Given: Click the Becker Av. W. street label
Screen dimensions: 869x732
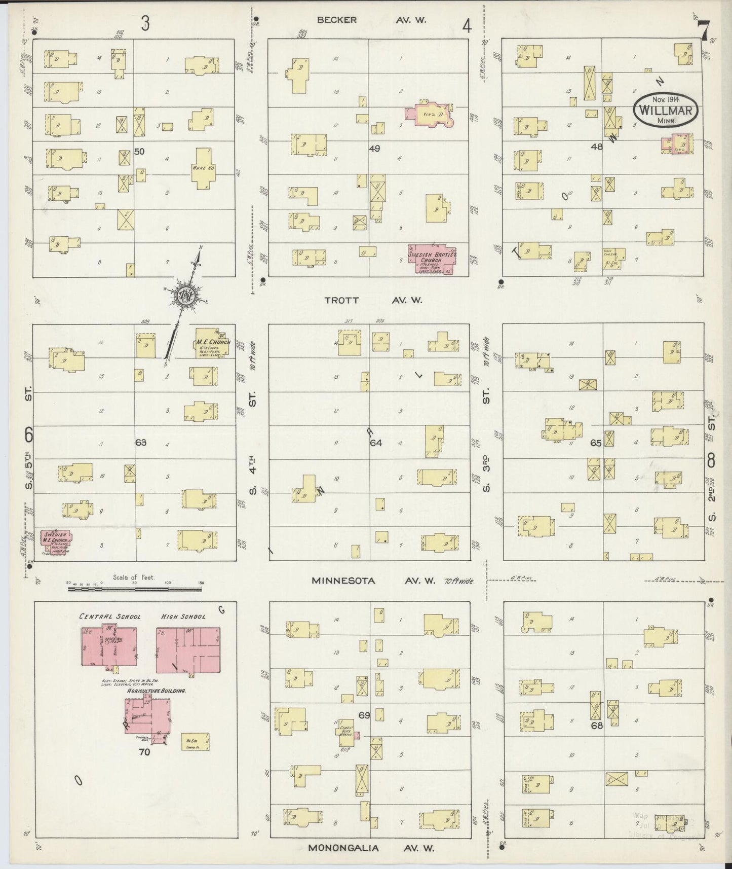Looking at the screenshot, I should tap(371, 20).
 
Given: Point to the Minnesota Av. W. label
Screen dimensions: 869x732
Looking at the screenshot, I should tap(373, 581).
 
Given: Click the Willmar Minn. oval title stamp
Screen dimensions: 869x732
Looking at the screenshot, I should tap(666, 108).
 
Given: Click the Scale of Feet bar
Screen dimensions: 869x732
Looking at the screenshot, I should tap(134, 588).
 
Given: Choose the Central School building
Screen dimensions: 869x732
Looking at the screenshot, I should tap(109, 646).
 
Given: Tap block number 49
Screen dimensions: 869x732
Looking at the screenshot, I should tap(374, 149).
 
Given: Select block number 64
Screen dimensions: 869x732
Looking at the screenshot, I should tap(375, 443).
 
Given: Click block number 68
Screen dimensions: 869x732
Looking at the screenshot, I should tap(597, 725).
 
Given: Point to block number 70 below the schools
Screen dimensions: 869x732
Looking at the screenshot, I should tap(144, 752).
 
